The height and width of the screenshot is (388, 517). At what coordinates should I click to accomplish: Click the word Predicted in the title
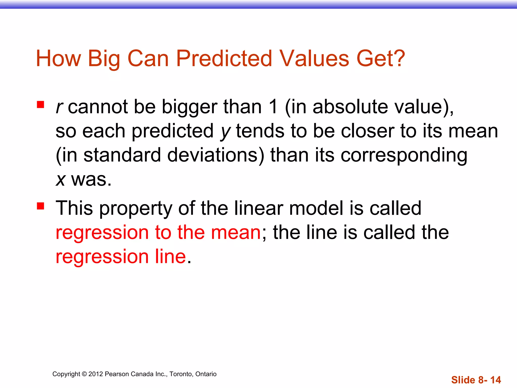tap(224, 59)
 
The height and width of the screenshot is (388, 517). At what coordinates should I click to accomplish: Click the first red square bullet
tap(40, 105)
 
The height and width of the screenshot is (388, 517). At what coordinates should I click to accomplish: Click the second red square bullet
tap(40, 206)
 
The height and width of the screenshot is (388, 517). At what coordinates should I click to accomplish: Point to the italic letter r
tap(59, 107)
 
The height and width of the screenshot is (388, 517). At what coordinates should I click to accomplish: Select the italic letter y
tap(225, 132)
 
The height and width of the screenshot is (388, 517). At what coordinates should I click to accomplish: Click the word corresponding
tap(404, 156)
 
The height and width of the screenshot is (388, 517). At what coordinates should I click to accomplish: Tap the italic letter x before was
tap(61, 180)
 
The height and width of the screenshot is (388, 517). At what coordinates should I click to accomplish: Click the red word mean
tap(236, 232)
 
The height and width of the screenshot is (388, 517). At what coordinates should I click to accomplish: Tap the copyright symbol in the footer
tap(84, 374)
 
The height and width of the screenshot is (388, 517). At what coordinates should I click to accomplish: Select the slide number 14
tap(495, 380)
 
